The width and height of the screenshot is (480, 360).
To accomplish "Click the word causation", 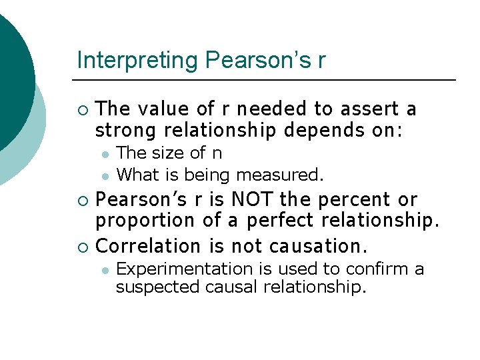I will (318, 246).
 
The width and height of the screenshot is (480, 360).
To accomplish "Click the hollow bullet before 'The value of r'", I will (82, 109).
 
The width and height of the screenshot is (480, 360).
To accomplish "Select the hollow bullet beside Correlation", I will (82, 247).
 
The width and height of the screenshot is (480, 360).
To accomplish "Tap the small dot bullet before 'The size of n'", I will (105, 153).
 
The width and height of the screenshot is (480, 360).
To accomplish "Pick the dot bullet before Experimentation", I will (105, 269).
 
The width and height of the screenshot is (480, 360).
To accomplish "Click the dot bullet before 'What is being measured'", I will (105, 176).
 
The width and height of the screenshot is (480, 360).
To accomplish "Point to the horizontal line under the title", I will (267, 80).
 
